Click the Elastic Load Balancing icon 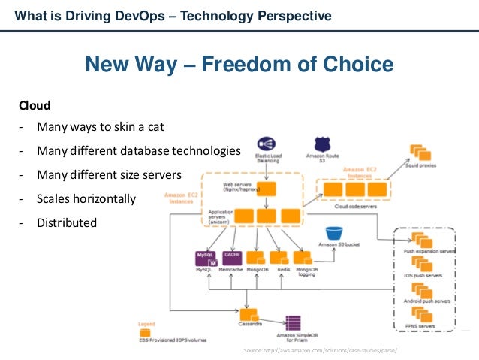click(267, 144)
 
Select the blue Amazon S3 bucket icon click(334, 234)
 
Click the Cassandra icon click(248, 313)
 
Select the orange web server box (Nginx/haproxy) click(265, 187)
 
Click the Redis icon click(282, 257)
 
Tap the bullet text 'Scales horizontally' click(86, 199)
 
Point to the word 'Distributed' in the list click(67, 222)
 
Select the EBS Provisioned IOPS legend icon click(145, 331)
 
